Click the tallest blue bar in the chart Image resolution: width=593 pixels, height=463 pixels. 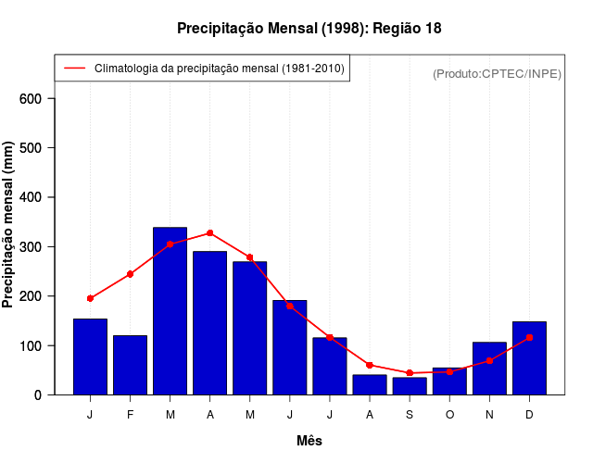[170, 311]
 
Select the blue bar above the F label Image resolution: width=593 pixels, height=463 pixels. [130, 365]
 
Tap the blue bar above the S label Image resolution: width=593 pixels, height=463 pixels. [410, 385]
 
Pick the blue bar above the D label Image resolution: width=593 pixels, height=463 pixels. [529, 358]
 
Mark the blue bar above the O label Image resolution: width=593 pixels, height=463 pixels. [449, 381]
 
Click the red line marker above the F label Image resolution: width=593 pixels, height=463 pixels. [130, 274]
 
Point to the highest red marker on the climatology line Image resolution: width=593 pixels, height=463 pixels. [210, 233]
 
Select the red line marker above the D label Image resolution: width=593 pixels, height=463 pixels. [529, 338]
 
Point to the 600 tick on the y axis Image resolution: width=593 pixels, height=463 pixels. [37, 99]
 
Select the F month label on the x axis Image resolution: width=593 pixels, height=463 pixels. [130, 415]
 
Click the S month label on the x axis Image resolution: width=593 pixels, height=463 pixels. [410, 415]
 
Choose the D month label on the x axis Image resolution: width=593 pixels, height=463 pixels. [529, 415]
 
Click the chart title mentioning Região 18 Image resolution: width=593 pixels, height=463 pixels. [309, 29]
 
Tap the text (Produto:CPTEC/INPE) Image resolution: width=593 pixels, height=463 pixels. [497, 73]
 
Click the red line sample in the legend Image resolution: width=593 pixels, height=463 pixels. [75, 69]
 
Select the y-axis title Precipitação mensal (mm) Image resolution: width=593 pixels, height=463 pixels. [8, 224]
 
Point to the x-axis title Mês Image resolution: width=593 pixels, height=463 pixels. [309, 441]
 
